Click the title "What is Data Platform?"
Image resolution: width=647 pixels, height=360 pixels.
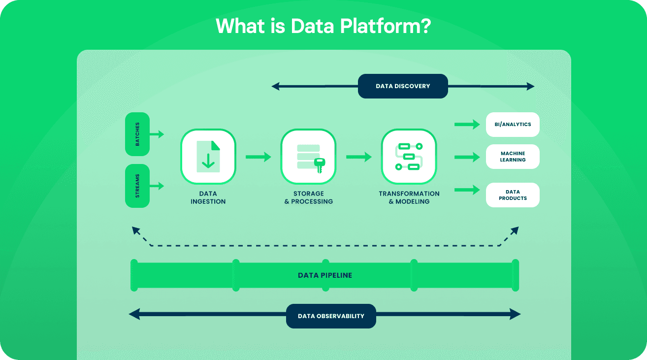323,26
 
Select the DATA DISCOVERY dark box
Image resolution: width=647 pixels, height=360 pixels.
403,86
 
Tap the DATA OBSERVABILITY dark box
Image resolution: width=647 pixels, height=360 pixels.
331,316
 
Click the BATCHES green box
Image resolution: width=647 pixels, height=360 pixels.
137,134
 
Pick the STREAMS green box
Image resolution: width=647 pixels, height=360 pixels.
137,186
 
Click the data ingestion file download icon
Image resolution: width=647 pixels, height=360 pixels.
208,157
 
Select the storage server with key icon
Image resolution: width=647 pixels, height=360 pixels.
308,157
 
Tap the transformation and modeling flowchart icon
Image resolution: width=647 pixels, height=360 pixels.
409,157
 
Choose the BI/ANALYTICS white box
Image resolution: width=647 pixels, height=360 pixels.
513,125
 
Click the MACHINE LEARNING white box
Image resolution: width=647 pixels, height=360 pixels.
513,157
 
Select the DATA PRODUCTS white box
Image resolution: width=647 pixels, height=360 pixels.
513,195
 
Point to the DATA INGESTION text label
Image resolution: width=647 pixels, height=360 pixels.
208,197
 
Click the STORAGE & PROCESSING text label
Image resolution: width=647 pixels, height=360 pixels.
308,197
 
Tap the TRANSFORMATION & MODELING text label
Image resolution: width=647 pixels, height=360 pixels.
409,197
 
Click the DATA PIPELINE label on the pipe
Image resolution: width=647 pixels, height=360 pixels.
325,275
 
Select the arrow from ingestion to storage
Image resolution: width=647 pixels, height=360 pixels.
258,157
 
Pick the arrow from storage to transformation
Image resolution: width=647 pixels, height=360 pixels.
358,157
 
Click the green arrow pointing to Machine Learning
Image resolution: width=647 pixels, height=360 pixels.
467,157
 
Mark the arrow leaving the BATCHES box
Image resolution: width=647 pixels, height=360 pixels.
157,134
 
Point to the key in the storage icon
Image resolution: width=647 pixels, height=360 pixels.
320,164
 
